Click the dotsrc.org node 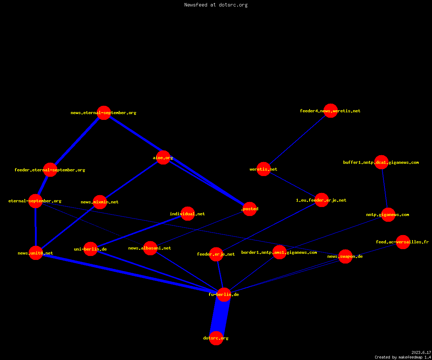(216, 338)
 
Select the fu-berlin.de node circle (224, 294)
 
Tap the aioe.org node (163, 158)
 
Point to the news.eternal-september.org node (104, 113)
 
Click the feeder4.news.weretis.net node (330, 111)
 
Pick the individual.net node (188, 214)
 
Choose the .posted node (249, 209)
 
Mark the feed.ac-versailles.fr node (403, 242)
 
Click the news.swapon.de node (345, 257)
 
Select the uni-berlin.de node (90, 249)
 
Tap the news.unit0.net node (36, 253)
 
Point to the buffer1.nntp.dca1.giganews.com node (381, 162)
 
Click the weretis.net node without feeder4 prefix (264, 169)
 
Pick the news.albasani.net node (150, 248)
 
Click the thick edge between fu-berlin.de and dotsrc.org (220, 316)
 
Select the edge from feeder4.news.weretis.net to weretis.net (297, 140)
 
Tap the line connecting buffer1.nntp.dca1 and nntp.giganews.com (385, 189)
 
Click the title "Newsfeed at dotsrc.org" (216, 5)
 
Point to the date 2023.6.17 (421, 352)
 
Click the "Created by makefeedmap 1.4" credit (403, 357)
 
